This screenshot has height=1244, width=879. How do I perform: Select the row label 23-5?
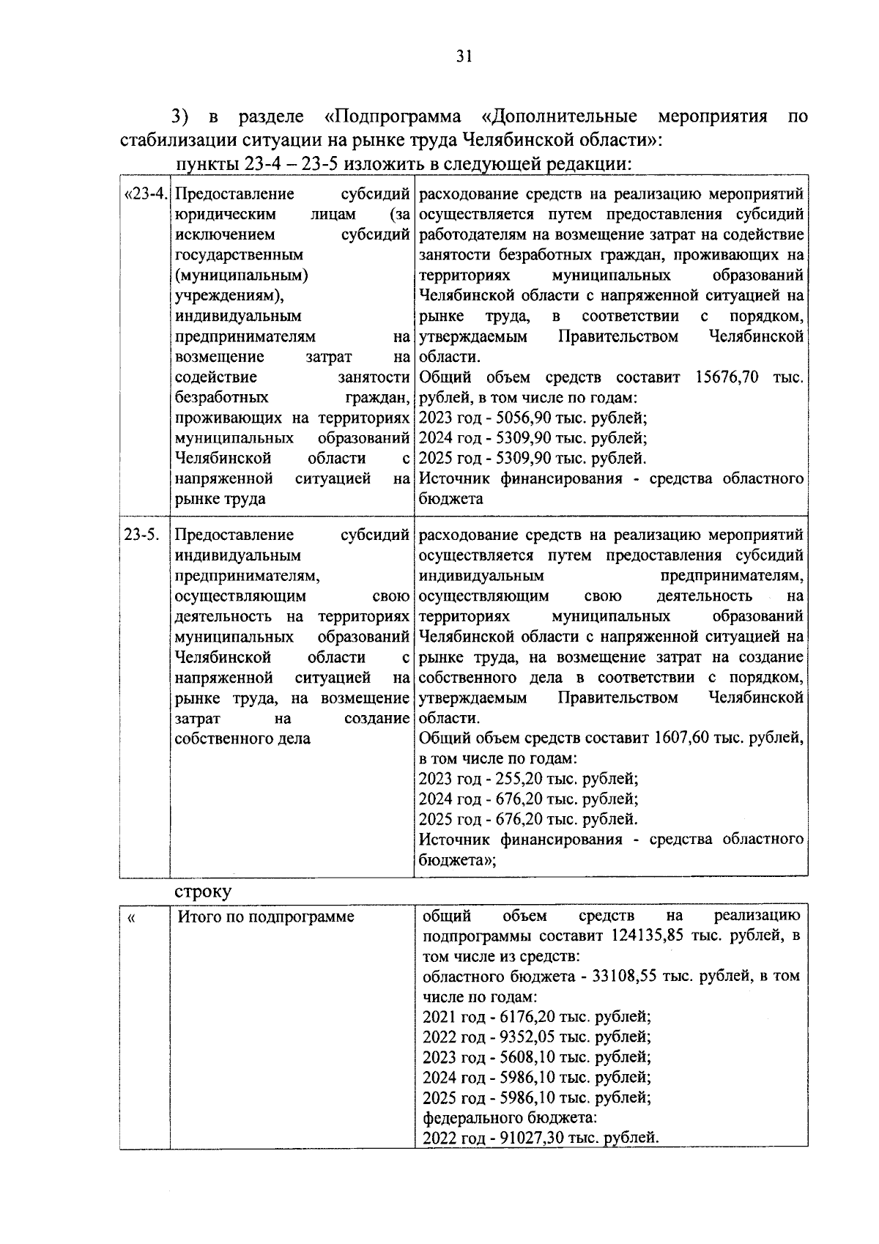point(141,534)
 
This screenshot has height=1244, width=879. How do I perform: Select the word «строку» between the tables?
point(203,892)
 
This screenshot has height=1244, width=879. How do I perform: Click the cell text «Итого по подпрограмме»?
point(266,917)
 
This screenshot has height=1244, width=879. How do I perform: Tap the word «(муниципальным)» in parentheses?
point(241,275)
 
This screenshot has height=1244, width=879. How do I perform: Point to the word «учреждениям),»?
point(229,296)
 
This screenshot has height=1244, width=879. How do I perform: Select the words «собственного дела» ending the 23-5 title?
point(242,738)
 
